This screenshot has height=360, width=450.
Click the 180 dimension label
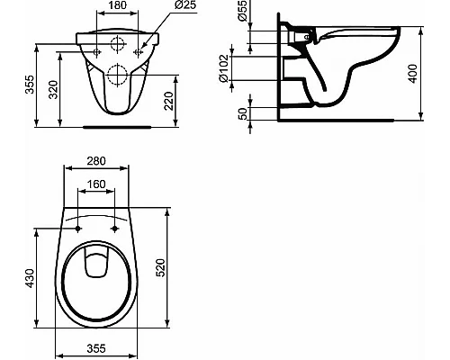coord(117,5)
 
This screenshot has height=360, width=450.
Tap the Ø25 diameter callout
coord(184,5)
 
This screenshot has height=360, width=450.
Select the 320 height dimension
coord(53,90)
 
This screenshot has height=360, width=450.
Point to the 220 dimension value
coord(168,101)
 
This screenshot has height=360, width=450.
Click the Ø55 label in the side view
coord(242,11)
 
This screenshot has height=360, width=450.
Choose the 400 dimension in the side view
coord(413,74)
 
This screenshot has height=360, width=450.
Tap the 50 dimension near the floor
coord(242,114)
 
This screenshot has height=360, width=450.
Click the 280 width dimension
coord(96,161)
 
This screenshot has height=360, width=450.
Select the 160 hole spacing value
coord(96,184)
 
